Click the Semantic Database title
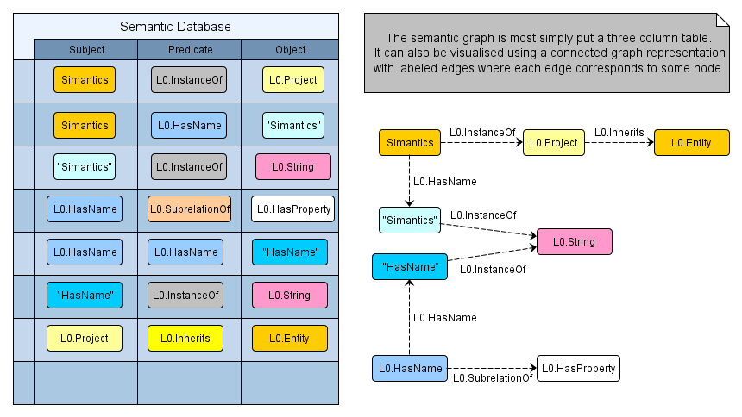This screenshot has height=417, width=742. coord(186,27)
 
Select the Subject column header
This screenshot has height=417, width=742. coord(85,50)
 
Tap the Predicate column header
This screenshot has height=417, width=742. coord(190,50)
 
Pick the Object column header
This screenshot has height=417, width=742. coord(290,50)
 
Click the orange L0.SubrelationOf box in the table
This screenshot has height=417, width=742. coord(190,209)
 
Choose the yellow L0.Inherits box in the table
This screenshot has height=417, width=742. coord(185,339)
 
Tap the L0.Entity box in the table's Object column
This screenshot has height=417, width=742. coord(290,339)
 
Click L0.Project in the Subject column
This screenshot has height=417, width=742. coord(85,339)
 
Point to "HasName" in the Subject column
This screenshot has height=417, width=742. coord(85,296)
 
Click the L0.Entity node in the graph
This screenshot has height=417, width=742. coord(692,143)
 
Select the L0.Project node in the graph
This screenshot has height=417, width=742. coord(554,143)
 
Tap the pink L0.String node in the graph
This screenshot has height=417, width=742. coord(575,242)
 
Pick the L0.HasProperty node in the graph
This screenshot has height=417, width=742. coord(578,369)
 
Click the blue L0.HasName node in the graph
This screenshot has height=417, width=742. coord(410,369)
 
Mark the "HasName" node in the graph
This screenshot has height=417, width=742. coord(410,267)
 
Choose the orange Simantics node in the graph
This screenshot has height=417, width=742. coord(410,143)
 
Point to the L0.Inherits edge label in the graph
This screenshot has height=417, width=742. coord(619,133)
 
